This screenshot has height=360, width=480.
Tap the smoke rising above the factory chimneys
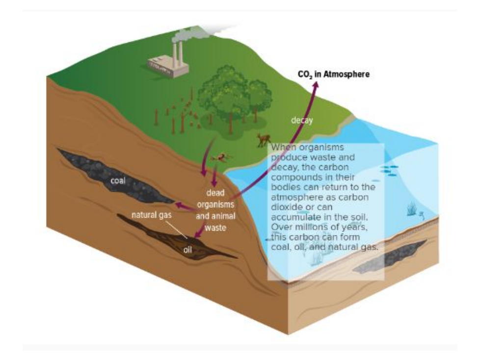pos(183,35)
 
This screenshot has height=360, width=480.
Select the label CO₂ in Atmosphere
pos(333,75)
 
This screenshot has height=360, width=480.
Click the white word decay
pos(302,120)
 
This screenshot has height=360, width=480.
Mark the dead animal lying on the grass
pos(221,157)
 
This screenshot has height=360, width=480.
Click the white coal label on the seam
pos(118,180)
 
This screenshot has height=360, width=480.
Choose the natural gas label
pos(151,215)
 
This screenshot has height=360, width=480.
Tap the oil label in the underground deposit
pos(187,249)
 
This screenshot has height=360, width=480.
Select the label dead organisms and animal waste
pos(215,210)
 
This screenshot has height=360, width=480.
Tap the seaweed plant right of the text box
pos(411,210)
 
